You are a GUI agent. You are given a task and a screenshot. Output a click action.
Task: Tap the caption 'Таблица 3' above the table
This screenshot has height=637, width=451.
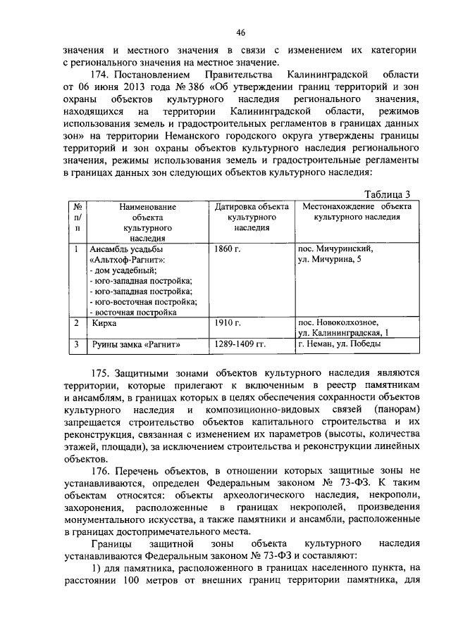(386, 195)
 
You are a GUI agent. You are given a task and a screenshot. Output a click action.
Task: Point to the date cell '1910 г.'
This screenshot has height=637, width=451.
(228, 322)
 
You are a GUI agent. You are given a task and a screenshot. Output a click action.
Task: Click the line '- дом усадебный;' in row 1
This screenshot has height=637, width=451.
(123, 270)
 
